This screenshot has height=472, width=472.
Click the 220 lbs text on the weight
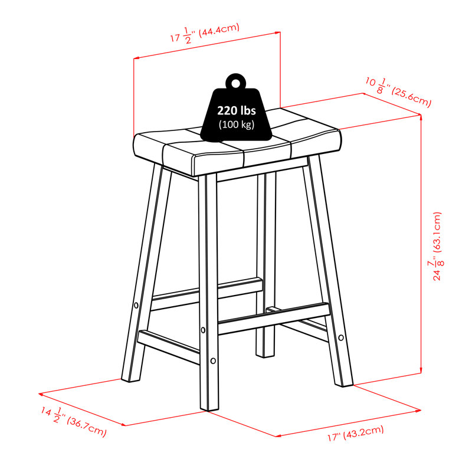[x=237, y=110]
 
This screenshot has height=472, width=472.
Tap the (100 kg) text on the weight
[x=237, y=124]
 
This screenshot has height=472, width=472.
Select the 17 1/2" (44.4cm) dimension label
[x=205, y=34]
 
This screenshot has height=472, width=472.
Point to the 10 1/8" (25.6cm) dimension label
[x=398, y=90]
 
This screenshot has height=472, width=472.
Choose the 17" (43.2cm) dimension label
[x=356, y=433]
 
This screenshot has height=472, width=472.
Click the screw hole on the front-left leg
[x=136, y=306]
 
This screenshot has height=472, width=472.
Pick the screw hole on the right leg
[x=341, y=337]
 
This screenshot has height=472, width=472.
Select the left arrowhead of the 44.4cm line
[x=136, y=58]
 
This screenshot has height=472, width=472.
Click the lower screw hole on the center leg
[x=213, y=360]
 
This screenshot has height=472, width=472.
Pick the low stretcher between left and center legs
[x=169, y=347]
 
